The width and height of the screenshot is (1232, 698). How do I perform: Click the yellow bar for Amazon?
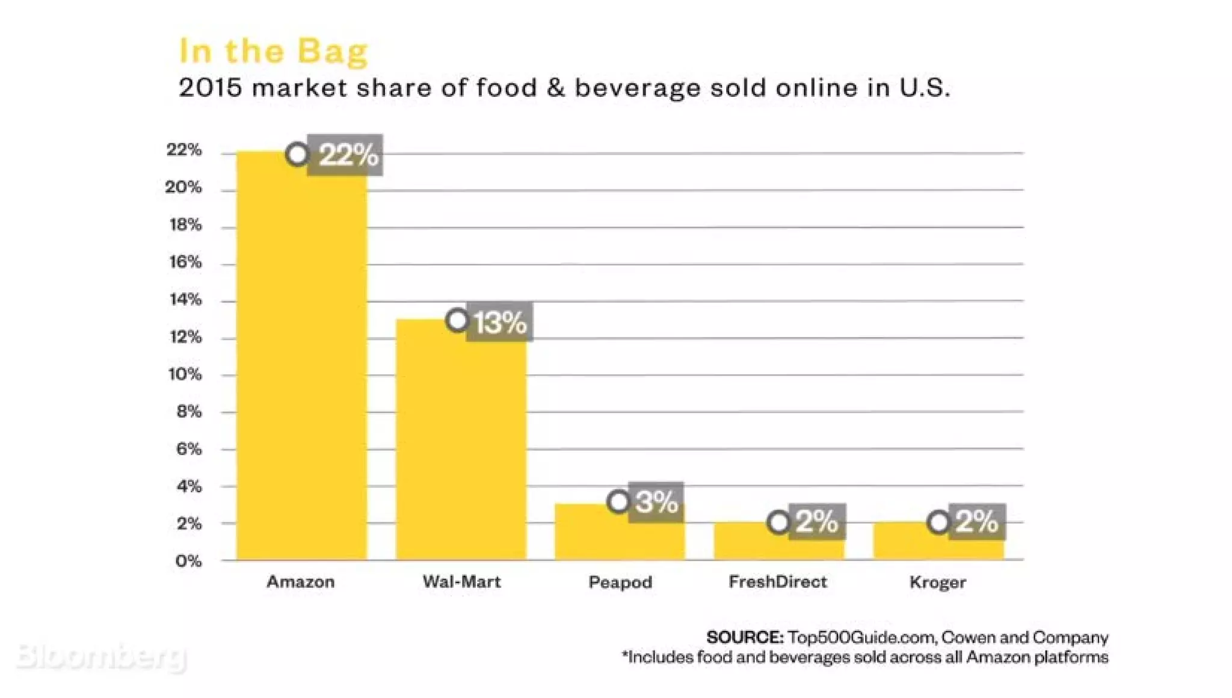click(x=301, y=361)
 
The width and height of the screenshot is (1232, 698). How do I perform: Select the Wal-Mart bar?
click(x=461, y=445)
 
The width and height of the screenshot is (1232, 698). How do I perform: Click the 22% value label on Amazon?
click(x=348, y=155)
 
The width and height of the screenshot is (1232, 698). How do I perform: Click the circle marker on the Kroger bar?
click(x=938, y=522)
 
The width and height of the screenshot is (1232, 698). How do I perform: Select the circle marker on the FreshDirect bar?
click(x=779, y=522)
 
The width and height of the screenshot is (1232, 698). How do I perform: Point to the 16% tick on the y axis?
click(x=185, y=262)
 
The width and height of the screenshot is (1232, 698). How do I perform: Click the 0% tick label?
click(x=188, y=561)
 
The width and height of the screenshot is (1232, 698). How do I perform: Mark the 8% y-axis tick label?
click(x=188, y=412)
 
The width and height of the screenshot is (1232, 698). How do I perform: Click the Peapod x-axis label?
click(x=620, y=582)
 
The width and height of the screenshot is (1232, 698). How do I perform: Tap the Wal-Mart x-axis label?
click(x=461, y=581)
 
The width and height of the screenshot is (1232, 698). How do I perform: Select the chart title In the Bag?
click(x=274, y=51)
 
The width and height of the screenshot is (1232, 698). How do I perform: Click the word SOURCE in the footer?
click(x=745, y=637)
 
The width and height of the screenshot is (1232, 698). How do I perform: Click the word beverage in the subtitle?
click(x=638, y=88)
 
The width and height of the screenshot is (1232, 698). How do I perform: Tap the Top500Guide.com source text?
click(x=861, y=637)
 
